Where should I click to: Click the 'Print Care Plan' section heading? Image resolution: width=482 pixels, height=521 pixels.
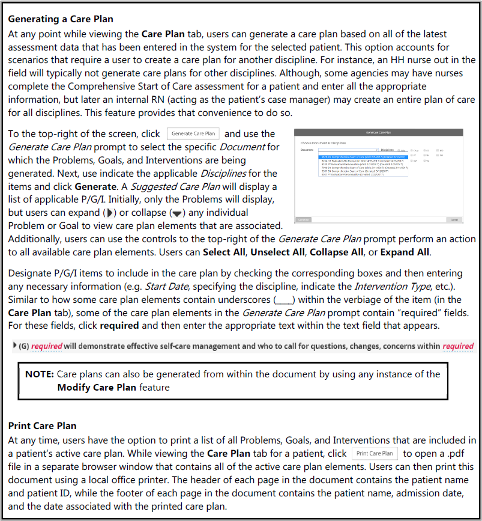[42, 425]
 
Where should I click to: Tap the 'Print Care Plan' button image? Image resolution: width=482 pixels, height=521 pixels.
[375, 453]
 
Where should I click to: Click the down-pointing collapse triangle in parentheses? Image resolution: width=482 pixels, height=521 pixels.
[177, 213]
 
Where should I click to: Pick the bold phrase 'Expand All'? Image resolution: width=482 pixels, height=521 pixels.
[405, 252]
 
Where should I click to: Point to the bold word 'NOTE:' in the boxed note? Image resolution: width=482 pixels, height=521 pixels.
[40, 374]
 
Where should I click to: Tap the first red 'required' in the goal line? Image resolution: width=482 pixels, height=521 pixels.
[46, 346]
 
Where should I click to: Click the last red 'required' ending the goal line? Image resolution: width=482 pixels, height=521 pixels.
[457, 346]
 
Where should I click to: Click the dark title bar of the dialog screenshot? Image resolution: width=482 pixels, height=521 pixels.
[379, 132]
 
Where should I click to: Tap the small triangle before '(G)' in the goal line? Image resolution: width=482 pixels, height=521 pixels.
[15, 346]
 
